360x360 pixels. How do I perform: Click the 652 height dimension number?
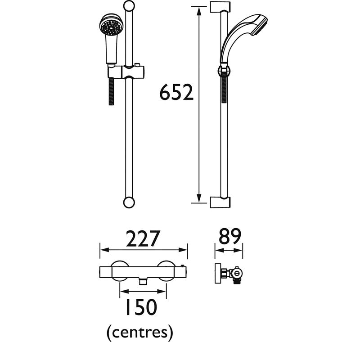[x=177, y=93]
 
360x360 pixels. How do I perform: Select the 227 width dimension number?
[x=143, y=239]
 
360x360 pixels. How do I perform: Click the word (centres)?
[x=140, y=333]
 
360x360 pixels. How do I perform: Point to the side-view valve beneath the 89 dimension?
[x=229, y=273]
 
